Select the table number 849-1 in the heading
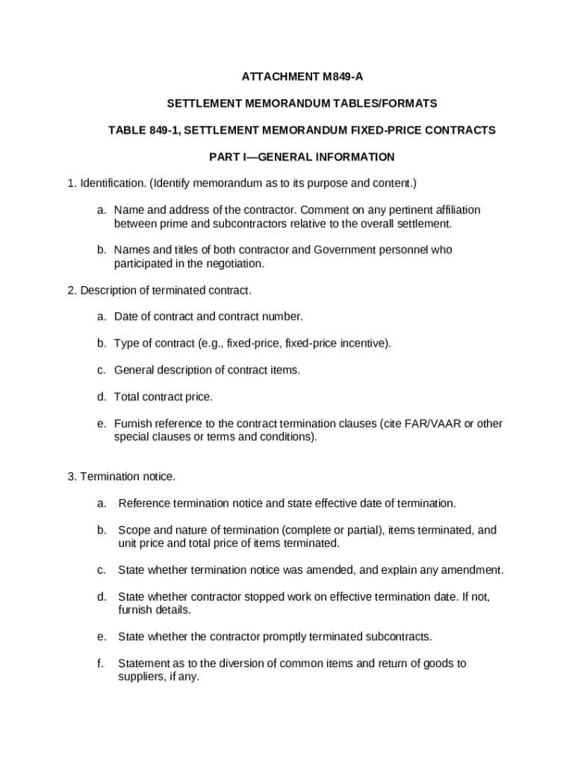tap(153, 130)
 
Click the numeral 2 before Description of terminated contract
tap(70, 290)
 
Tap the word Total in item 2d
tap(127, 397)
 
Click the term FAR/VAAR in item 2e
tap(429, 424)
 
